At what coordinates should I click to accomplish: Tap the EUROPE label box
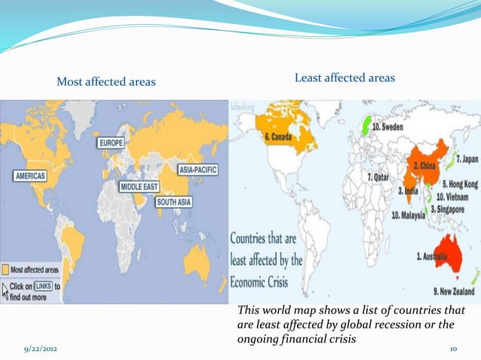111,142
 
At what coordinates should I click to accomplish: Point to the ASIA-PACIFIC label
192,170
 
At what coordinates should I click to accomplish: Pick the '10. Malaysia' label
412,215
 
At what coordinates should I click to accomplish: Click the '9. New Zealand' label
450,291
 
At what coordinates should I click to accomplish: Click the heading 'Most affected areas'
106,81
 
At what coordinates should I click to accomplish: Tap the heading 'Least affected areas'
344,78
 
